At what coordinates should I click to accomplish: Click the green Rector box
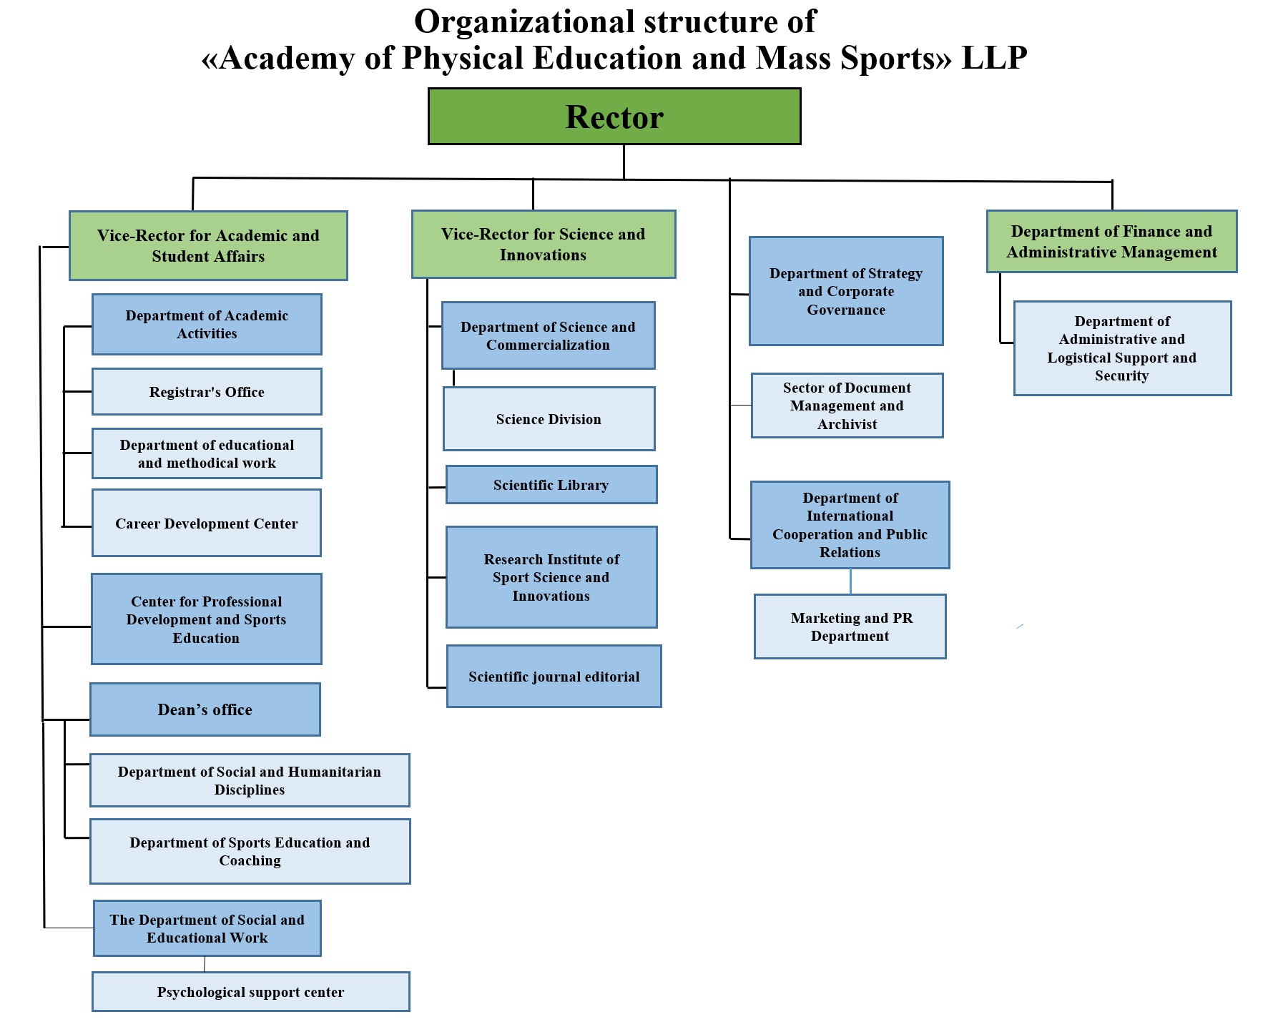(614, 117)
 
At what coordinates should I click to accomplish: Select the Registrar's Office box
(207, 392)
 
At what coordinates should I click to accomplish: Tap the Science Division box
(549, 419)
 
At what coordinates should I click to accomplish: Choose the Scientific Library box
(551, 485)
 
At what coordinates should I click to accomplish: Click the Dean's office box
(205, 709)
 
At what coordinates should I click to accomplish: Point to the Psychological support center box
(250, 992)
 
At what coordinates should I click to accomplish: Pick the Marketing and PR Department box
(850, 626)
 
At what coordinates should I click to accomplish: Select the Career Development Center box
(207, 523)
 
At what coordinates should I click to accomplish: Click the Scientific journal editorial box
(554, 677)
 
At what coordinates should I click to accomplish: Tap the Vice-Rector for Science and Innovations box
(544, 245)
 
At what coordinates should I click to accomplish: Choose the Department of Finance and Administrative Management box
(1111, 242)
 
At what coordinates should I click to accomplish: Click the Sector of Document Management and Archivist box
(847, 406)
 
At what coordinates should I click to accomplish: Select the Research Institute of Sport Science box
(551, 577)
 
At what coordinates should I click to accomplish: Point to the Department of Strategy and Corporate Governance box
(846, 291)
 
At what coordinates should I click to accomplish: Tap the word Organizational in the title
(525, 21)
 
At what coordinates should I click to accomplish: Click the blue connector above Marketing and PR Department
(850, 581)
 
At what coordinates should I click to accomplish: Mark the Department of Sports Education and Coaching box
(250, 851)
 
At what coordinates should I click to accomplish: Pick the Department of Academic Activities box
(207, 325)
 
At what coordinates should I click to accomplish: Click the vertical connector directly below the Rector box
(624, 161)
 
